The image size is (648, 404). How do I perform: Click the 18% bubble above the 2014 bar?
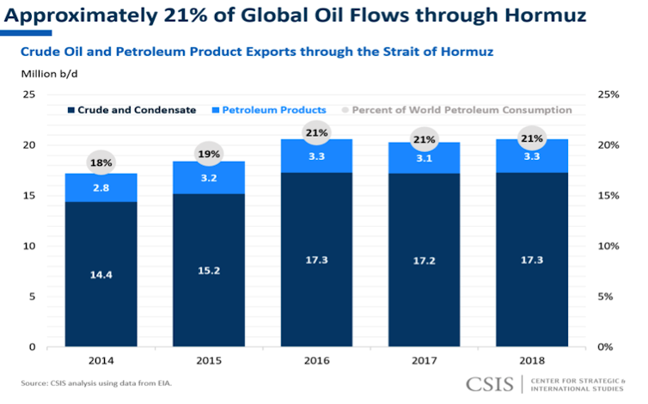(101, 162)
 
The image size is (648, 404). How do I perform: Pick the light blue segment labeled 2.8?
(101, 187)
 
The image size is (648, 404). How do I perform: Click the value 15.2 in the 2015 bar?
(210, 269)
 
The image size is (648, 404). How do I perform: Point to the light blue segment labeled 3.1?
(423, 158)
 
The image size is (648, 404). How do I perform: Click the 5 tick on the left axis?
(32, 297)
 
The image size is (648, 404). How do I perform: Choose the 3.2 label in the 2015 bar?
(210, 178)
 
